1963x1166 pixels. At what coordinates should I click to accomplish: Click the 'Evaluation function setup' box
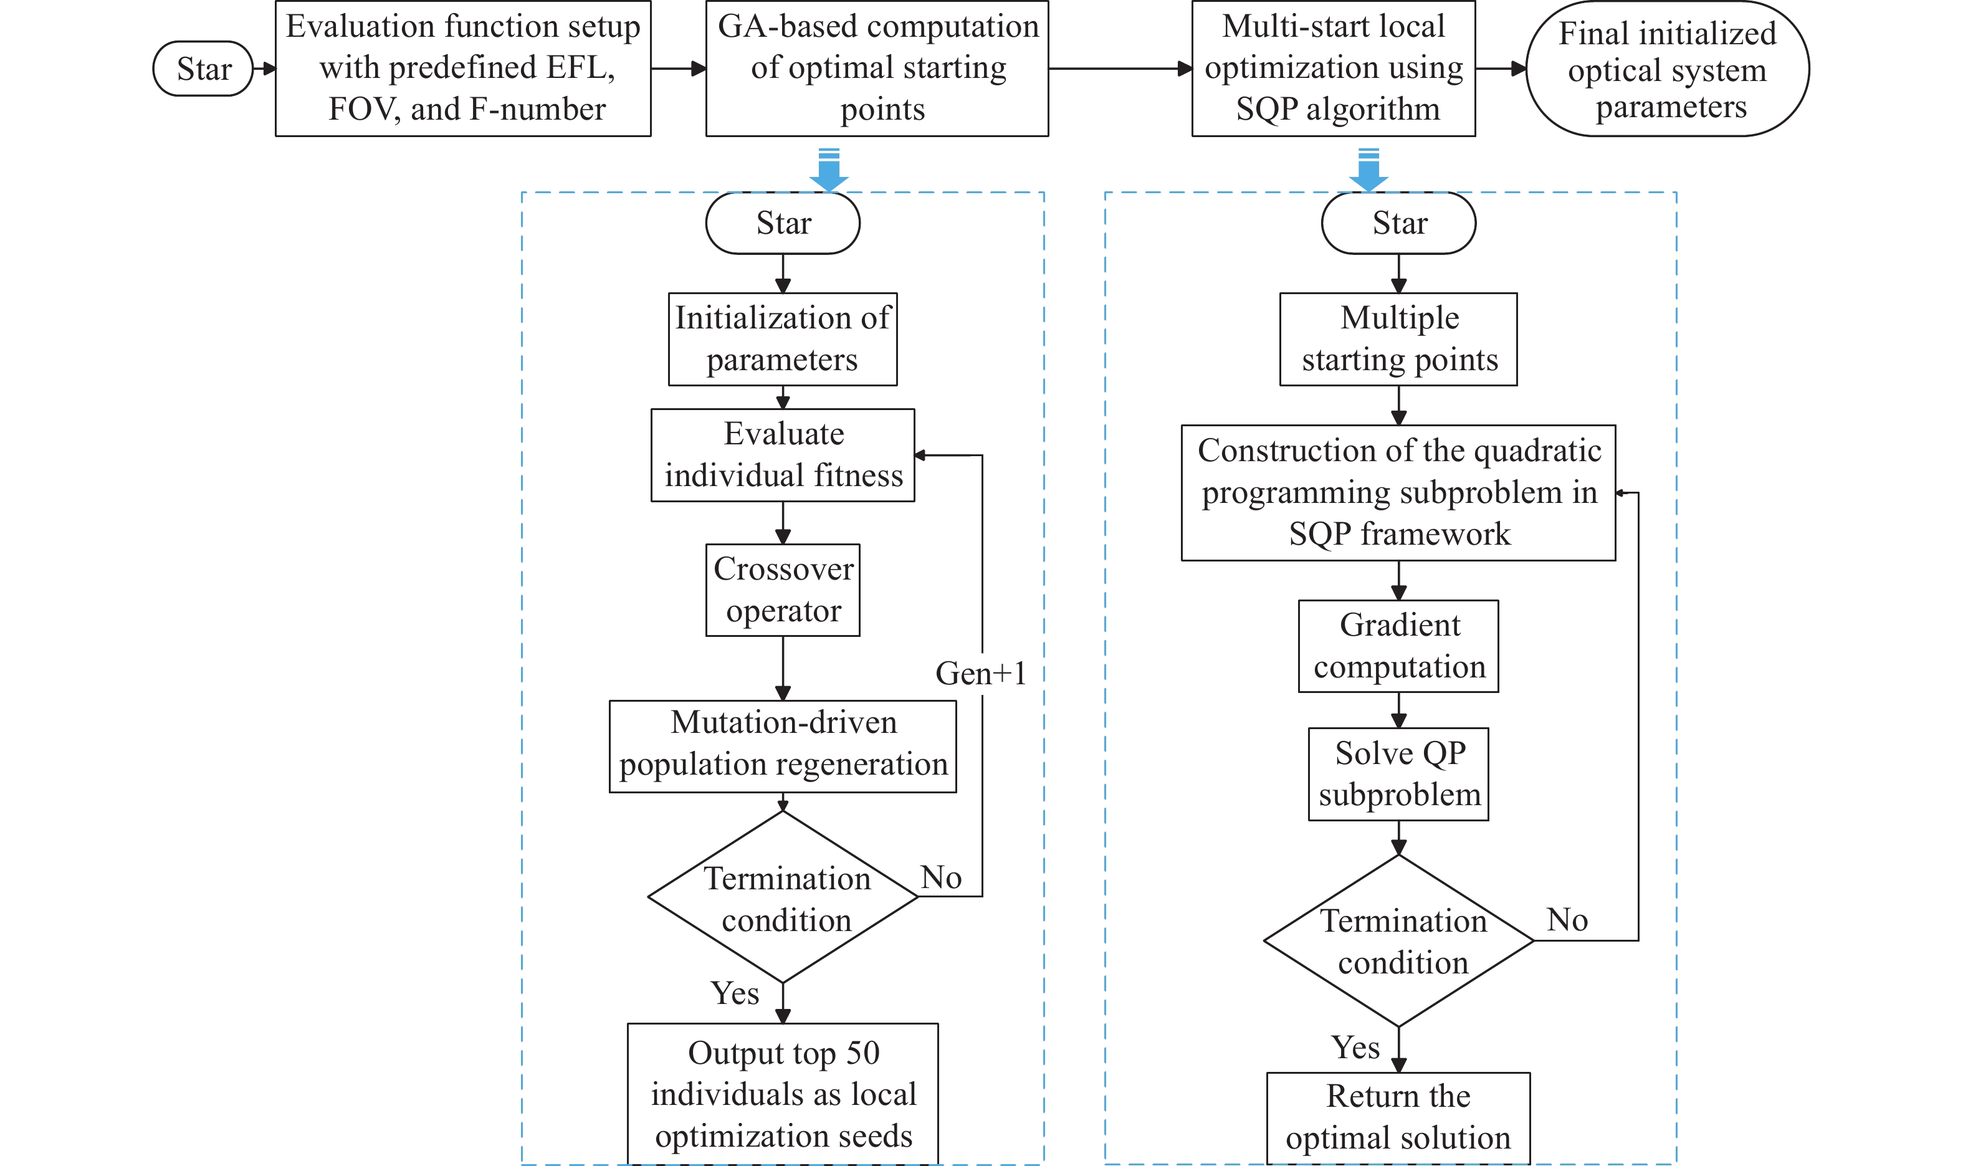462,69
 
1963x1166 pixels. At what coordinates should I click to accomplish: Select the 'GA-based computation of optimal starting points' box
877,69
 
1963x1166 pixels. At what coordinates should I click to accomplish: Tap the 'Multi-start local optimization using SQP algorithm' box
1333,69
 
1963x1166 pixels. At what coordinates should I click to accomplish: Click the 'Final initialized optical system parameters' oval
1666,69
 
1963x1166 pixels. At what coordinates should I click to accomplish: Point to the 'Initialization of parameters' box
782,338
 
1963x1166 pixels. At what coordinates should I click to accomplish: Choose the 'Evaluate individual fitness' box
782,455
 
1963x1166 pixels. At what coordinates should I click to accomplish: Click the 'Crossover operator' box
782,590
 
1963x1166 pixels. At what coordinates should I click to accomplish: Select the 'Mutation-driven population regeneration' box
782,745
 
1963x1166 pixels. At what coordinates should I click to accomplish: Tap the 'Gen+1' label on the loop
980,673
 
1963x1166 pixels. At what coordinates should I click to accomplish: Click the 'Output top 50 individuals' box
782,1093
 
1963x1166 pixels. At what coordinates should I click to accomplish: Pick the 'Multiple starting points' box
1398,338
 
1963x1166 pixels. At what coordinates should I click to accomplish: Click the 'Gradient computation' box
1398,646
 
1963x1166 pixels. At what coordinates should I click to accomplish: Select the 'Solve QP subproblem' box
1398,774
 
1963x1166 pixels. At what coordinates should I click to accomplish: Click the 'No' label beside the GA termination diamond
940,877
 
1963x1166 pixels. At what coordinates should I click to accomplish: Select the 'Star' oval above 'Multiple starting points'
1398,223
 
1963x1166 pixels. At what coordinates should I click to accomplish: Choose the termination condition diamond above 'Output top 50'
782,897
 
